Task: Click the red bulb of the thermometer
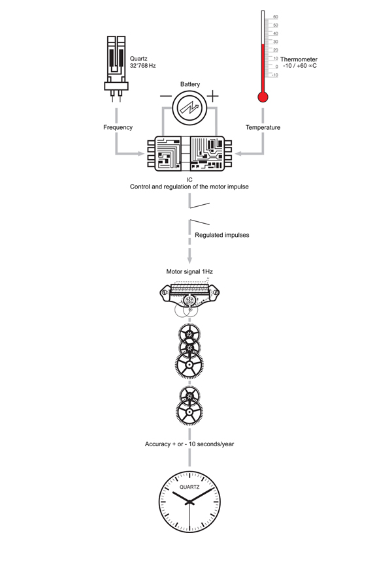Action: point(263,97)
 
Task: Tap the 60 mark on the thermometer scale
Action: point(276,17)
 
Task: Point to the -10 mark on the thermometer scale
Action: point(275,75)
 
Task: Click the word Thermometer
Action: point(299,59)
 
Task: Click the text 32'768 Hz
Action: point(143,67)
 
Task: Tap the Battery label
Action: point(190,84)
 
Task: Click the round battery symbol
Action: point(190,106)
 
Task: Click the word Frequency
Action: point(118,127)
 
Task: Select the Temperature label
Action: point(263,127)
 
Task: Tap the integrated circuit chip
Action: point(189,154)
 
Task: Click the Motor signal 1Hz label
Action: point(189,271)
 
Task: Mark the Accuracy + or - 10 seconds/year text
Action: point(189,444)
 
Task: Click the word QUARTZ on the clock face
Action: point(189,487)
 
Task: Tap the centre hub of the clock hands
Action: point(189,501)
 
